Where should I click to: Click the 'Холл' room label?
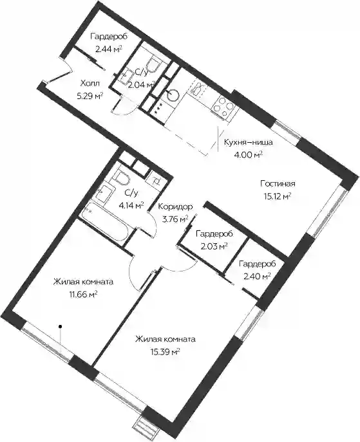click(90, 83)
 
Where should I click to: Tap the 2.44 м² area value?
click(109, 50)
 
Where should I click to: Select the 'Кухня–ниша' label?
click(249, 142)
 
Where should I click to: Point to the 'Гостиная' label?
click(278, 184)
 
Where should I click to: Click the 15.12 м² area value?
click(278, 196)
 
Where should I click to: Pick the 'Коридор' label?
click(175, 207)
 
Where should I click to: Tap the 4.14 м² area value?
click(131, 205)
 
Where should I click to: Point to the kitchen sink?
click(198, 89)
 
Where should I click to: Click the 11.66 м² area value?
click(84, 295)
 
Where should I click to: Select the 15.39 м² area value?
click(166, 352)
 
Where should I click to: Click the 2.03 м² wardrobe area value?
click(214, 246)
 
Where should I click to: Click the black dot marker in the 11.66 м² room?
click(60, 326)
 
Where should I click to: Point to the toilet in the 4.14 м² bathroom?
click(121, 178)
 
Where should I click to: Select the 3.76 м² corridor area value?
click(175, 219)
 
